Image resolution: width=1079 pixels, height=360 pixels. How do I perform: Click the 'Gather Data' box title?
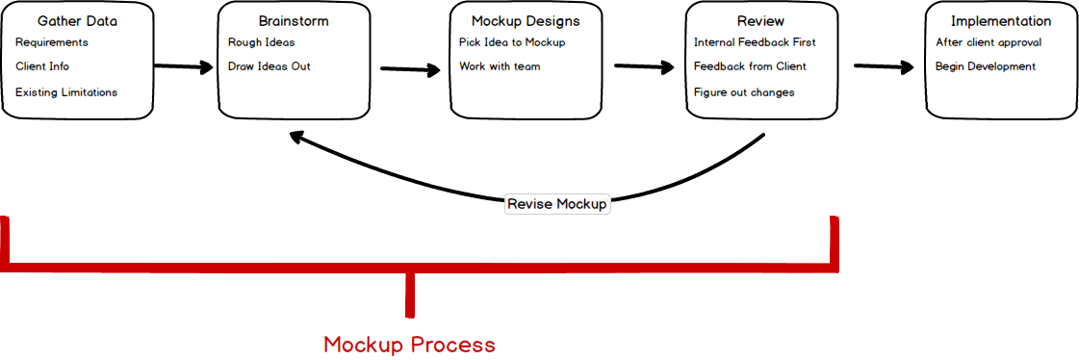[76, 21]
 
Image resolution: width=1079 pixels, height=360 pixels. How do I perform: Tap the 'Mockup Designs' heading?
[526, 21]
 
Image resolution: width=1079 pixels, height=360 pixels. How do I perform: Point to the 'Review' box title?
[760, 21]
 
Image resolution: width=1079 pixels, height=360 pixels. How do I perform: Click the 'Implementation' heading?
[1000, 21]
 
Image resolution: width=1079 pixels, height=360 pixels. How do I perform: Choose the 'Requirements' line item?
[52, 42]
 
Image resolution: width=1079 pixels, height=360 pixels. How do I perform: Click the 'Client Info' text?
[42, 66]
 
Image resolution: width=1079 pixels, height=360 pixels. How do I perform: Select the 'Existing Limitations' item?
[66, 92]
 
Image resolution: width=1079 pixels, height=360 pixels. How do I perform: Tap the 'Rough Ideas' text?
[262, 42]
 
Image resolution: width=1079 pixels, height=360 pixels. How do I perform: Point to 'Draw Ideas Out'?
[270, 66]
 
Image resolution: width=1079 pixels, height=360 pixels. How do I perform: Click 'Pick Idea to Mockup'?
[512, 42]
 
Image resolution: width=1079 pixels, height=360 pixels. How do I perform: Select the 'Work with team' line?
[500, 66]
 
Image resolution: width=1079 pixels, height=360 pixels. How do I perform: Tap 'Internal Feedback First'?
[755, 42]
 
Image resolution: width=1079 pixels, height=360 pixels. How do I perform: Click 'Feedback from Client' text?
[750, 66]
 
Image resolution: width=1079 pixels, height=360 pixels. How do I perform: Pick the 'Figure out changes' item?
[744, 92]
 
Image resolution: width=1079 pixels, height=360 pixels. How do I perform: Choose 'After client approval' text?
[989, 42]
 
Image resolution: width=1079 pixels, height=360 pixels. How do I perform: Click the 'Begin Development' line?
[986, 66]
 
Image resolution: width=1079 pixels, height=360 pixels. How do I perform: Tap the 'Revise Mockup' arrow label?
[557, 204]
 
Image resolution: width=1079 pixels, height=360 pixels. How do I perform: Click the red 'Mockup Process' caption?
[409, 345]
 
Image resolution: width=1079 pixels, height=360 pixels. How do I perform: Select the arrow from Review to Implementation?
[884, 66]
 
